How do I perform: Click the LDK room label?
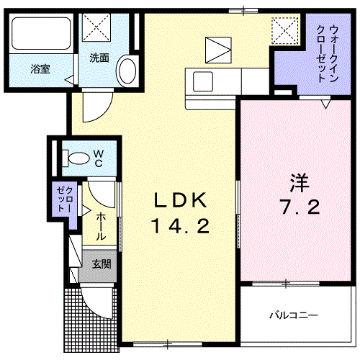[x=180, y=200]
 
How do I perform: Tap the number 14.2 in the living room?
[x=180, y=227]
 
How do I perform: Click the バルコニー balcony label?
[x=294, y=315]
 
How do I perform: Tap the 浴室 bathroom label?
[x=40, y=70]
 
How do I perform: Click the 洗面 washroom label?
[x=99, y=58]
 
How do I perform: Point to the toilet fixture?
[x=73, y=156]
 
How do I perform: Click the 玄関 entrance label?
[x=101, y=264]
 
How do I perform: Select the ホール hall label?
[x=101, y=225]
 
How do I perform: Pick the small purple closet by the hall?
[x=61, y=198]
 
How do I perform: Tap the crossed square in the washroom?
[x=96, y=28]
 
